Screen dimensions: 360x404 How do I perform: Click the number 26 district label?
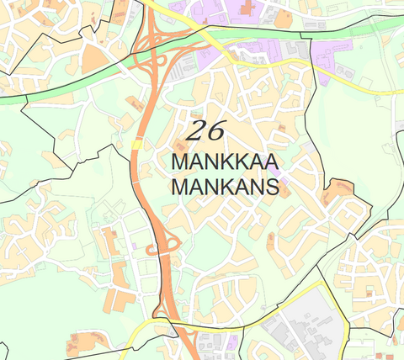click(207, 130)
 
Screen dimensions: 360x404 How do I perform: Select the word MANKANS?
click(224, 186)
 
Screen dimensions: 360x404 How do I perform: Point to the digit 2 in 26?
click(198, 130)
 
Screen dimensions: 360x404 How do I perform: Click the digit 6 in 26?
click(218, 130)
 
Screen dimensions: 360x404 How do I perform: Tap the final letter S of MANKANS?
click(271, 186)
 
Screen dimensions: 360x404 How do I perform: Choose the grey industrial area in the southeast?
click(311, 324)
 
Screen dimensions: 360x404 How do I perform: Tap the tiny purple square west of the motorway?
click(133, 245)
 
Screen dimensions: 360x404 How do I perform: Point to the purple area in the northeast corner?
click(328, 59)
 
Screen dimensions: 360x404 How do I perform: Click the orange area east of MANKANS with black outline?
click(341, 195)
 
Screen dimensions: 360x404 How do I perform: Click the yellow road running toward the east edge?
click(370, 87)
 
